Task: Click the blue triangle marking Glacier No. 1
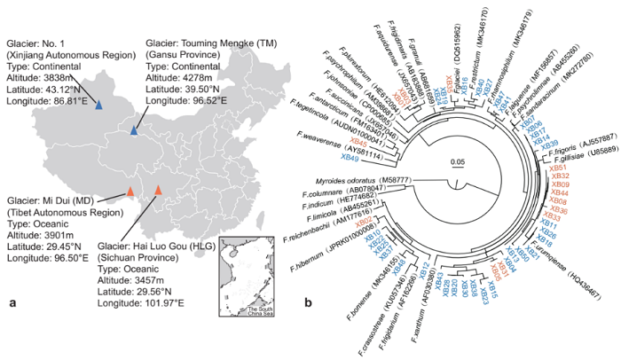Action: coord(99,106)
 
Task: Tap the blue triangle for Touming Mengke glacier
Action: coord(134,131)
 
